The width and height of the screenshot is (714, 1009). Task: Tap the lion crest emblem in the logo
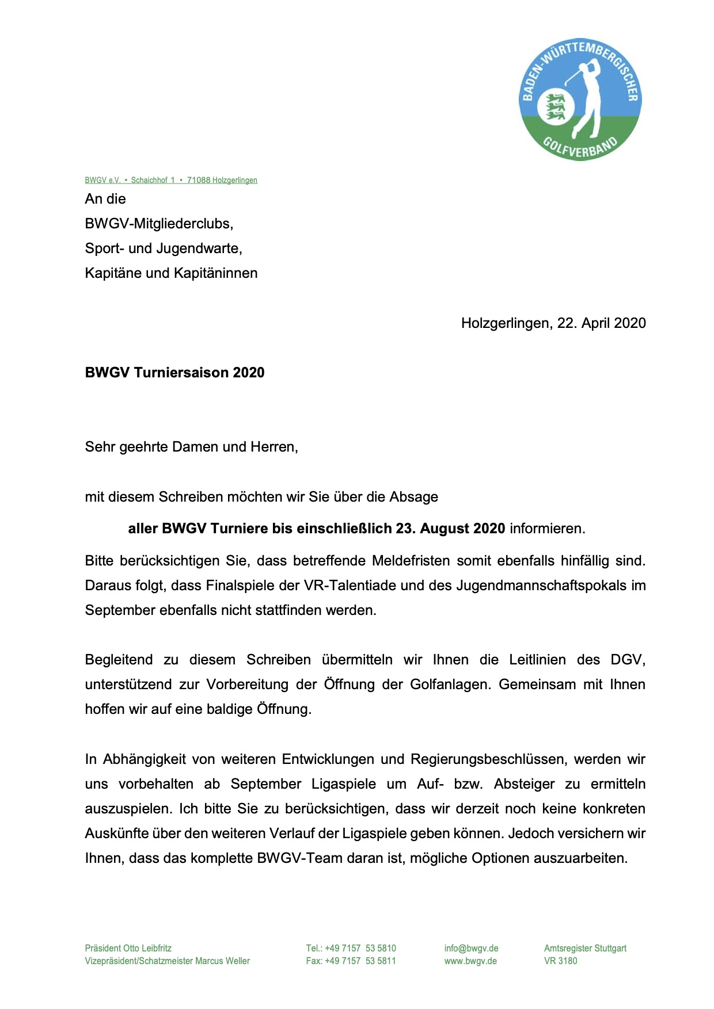coord(556,107)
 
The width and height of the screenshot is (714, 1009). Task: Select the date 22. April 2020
coord(601,323)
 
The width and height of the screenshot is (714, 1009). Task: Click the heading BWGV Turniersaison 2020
coord(174,373)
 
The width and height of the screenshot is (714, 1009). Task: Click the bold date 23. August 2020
coord(450,529)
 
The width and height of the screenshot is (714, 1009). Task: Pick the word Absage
coord(413,497)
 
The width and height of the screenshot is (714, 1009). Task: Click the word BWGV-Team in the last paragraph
coord(295,858)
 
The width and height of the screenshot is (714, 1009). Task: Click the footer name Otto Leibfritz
coord(147,948)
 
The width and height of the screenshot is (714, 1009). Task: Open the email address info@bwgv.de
coord(471,948)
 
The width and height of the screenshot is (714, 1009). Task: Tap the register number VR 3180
coord(560,961)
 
